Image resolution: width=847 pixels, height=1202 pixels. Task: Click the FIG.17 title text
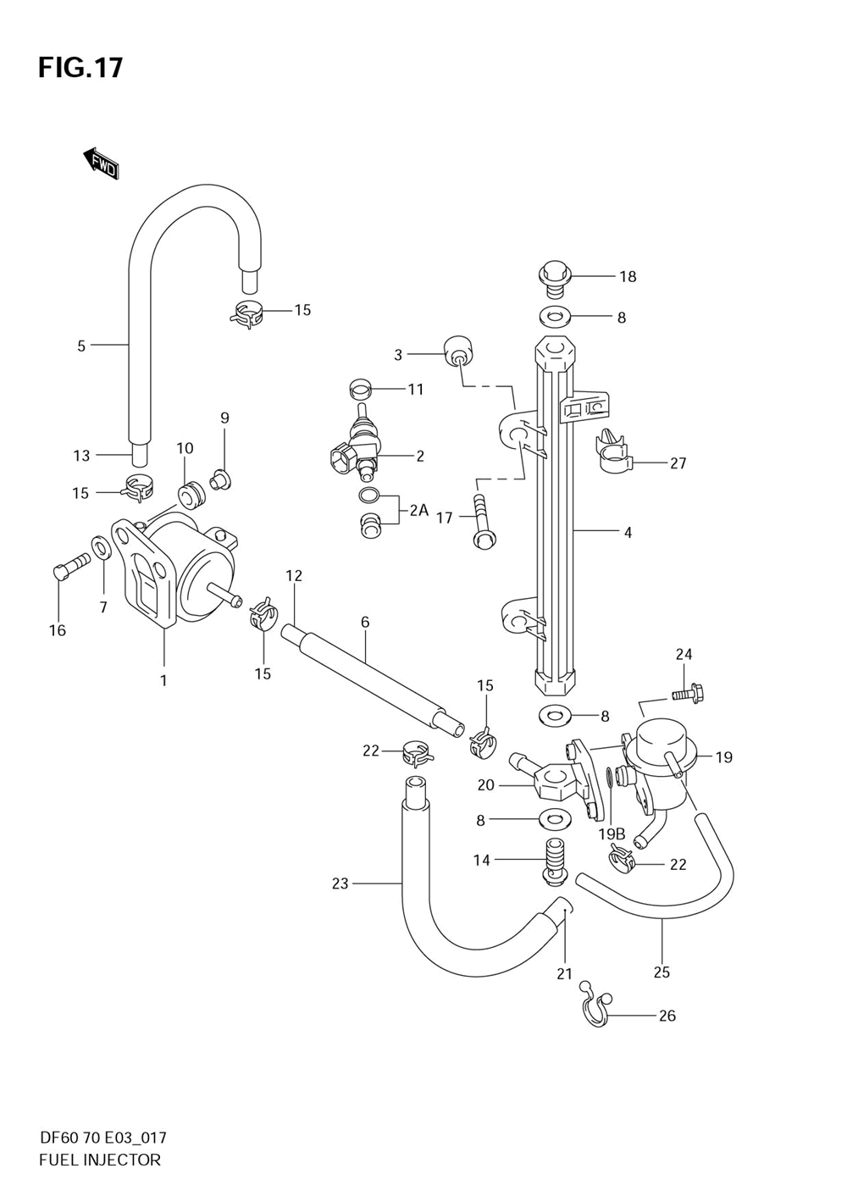click(x=80, y=68)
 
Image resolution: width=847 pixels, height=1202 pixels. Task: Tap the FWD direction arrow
click(x=101, y=163)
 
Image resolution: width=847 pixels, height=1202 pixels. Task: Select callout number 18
click(x=628, y=277)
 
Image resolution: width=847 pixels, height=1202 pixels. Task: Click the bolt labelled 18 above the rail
click(x=554, y=278)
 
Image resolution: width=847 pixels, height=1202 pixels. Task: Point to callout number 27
click(x=678, y=463)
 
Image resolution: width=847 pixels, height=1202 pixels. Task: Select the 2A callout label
click(x=419, y=510)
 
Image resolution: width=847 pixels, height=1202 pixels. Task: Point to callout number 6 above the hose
click(x=365, y=623)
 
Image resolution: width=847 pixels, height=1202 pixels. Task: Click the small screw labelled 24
click(x=688, y=692)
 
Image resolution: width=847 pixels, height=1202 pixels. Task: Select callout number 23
click(x=340, y=883)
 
